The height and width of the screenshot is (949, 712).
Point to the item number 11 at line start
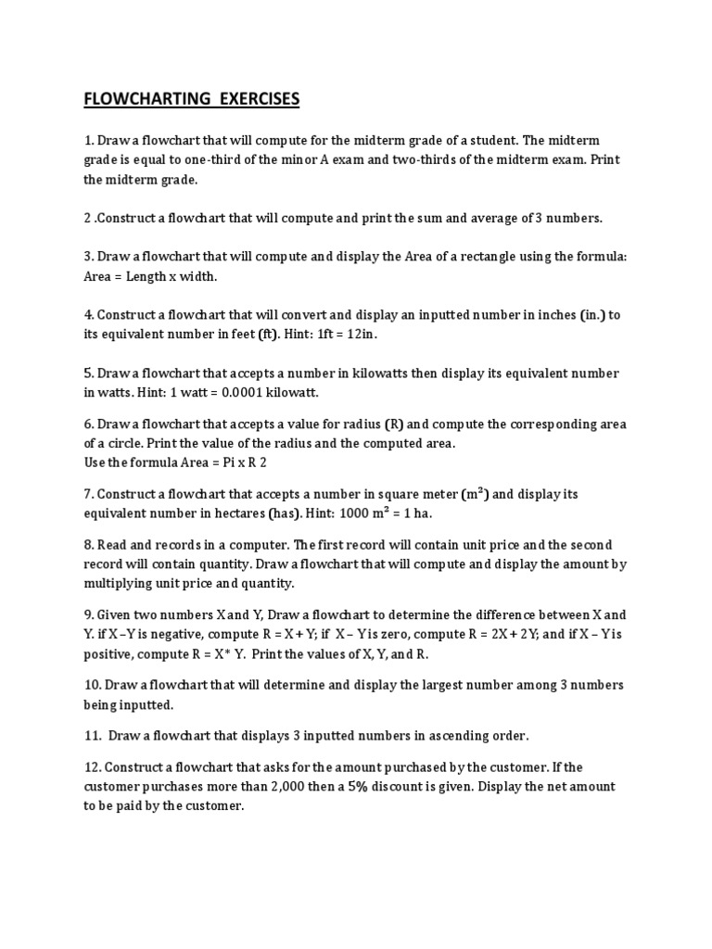(x=93, y=736)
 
